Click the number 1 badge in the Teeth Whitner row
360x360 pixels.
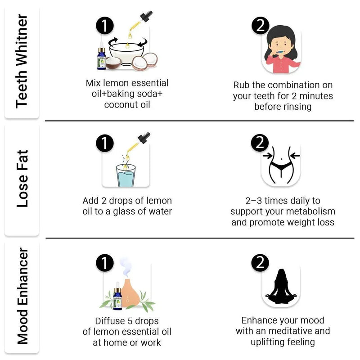[x=105, y=26]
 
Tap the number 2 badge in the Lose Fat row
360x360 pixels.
[x=260, y=143]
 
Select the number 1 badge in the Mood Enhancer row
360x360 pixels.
[x=105, y=263]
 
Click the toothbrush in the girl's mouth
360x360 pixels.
[x=280, y=52]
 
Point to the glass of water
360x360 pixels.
[x=126, y=175]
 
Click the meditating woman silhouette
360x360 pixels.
[x=281, y=287]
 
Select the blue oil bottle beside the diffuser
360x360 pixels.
[x=117, y=296]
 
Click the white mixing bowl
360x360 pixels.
[x=126, y=54]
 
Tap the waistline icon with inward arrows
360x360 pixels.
[x=281, y=165]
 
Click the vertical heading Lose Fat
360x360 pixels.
[x=22, y=178]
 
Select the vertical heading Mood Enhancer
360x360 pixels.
[x=22, y=296]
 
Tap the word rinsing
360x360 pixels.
[x=297, y=107]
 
